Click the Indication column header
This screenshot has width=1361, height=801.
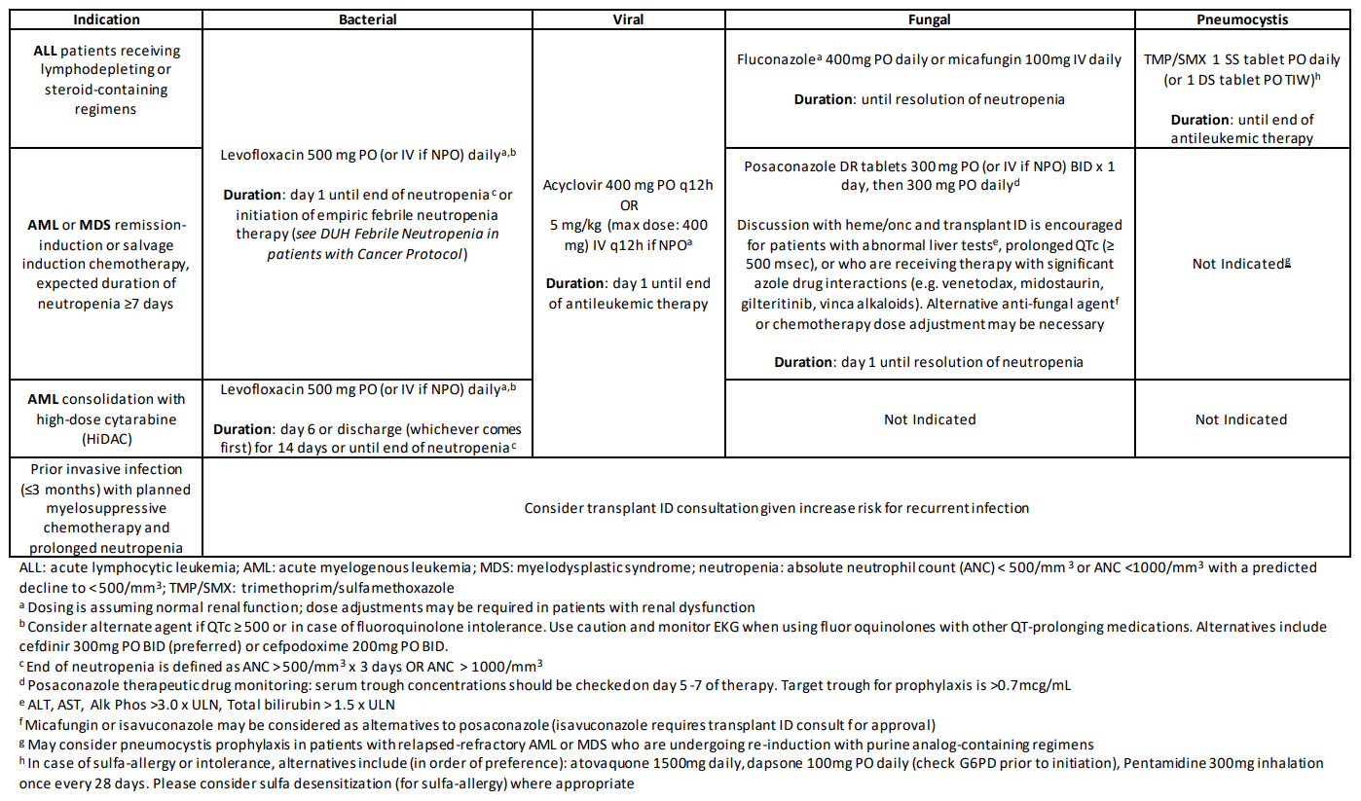[107, 19]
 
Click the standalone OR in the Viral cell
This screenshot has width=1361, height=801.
[629, 205]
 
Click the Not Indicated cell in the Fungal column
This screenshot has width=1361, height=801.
[929, 419]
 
